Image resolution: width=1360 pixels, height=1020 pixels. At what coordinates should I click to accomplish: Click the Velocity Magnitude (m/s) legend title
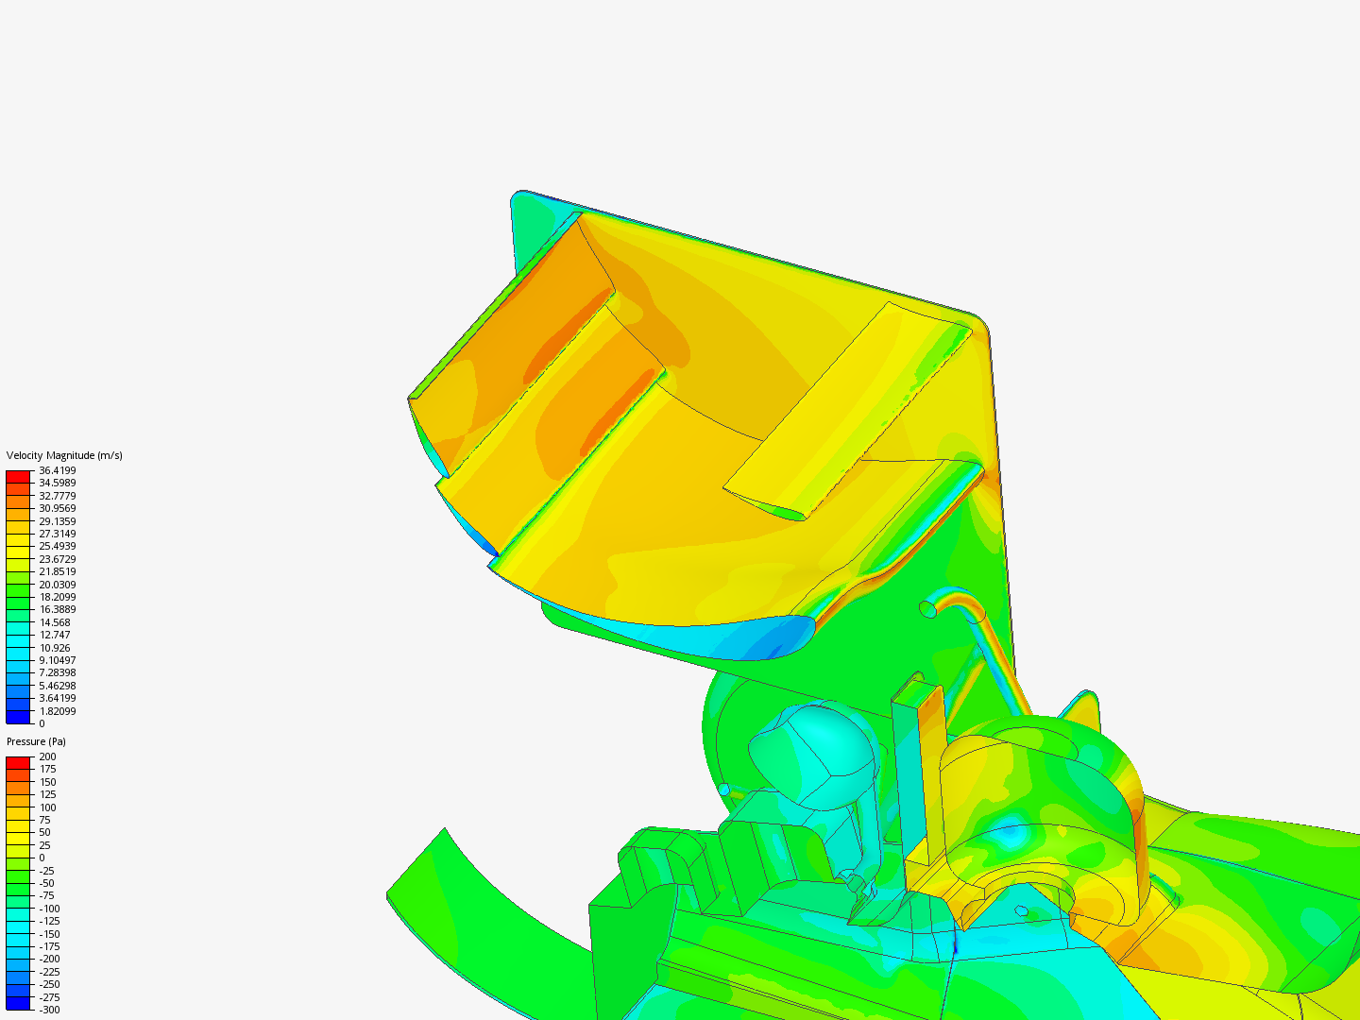[64, 455]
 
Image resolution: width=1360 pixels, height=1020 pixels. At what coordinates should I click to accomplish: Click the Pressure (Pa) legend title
[36, 741]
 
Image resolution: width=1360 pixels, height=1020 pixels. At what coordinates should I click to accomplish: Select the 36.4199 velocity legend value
[57, 470]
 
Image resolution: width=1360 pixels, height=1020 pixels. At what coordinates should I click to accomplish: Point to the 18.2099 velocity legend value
[57, 597]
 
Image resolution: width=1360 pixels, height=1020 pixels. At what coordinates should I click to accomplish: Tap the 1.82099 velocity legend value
[57, 711]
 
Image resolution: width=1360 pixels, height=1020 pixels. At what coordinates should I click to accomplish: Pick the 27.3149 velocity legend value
[57, 534]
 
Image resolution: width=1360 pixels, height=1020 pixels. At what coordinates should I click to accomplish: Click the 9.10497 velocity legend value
[57, 660]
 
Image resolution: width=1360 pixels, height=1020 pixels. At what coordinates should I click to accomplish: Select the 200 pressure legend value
[47, 756]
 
